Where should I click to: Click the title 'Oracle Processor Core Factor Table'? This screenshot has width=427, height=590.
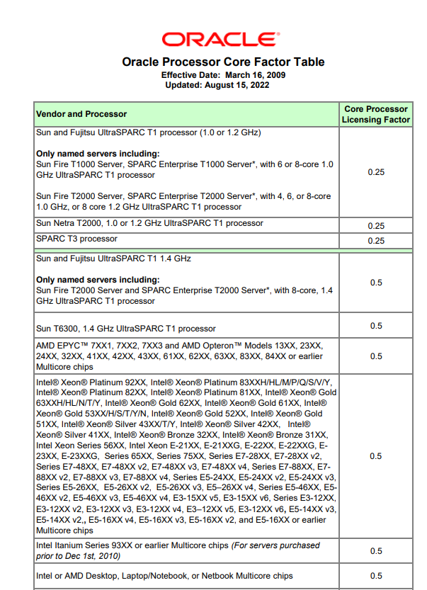coord(223,62)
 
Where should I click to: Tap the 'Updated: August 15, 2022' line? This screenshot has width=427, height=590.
coord(217,85)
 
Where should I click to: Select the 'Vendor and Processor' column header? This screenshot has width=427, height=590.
coord(81,114)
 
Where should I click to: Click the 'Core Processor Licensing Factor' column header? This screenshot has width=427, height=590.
coord(376,114)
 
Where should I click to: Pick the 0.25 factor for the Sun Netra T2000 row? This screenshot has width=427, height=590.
coord(376,226)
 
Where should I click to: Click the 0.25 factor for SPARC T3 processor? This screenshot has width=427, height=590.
coord(376,241)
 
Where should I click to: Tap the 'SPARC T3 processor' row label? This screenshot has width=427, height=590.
coord(76,239)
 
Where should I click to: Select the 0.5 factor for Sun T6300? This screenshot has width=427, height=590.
coord(376,326)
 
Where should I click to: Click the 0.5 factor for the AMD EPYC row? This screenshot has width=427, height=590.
coord(376,356)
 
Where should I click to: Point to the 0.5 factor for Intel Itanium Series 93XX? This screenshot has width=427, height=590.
coord(376,551)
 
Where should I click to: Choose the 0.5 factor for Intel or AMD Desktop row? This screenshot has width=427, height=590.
coord(376,576)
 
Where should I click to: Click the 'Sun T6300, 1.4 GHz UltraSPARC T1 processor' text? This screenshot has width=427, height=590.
coord(125,329)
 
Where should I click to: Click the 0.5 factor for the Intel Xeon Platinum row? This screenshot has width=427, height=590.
coord(376,456)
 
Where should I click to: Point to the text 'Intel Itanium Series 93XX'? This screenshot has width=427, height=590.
coord(86,546)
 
